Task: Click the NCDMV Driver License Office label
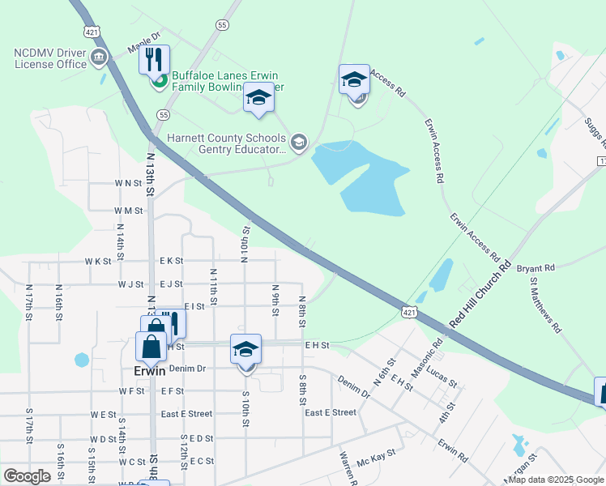click(x=50, y=58)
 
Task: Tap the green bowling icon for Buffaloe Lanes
click(x=160, y=79)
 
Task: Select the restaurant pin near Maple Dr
click(x=154, y=59)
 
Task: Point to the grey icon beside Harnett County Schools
click(x=298, y=143)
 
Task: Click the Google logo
click(x=27, y=475)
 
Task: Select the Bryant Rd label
click(x=536, y=267)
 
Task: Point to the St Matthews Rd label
click(x=544, y=305)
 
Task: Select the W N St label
click(x=128, y=184)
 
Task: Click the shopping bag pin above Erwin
click(x=152, y=346)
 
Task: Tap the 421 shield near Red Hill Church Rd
click(x=409, y=311)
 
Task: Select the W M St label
click(x=128, y=211)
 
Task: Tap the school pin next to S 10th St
click(x=245, y=349)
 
